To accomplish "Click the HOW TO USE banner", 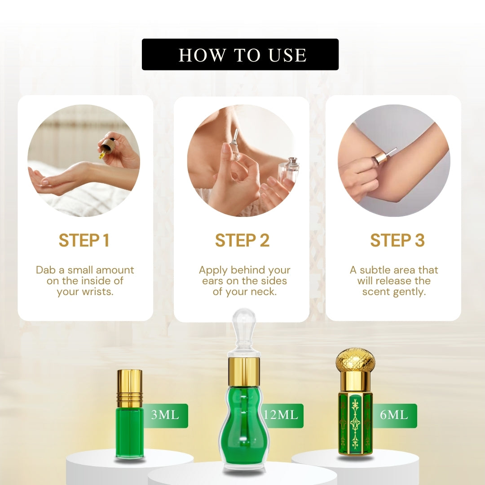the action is [240, 54].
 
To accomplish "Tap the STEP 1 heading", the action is [84, 240].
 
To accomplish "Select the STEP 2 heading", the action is [242, 240].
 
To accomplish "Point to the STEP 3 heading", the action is [397, 240].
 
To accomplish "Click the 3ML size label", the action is [165, 415].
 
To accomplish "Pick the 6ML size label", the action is [394, 415].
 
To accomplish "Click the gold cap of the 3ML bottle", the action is [130, 388].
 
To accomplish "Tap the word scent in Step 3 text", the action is [376, 292].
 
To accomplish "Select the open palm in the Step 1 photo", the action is [43, 178].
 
